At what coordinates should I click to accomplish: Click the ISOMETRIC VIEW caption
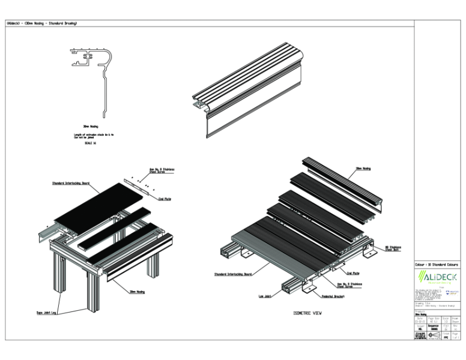(x=307, y=313)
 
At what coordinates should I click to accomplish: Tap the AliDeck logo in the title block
(x=437, y=278)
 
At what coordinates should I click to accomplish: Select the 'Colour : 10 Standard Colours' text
(x=437, y=264)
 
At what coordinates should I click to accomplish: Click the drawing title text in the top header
(x=41, y=23)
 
